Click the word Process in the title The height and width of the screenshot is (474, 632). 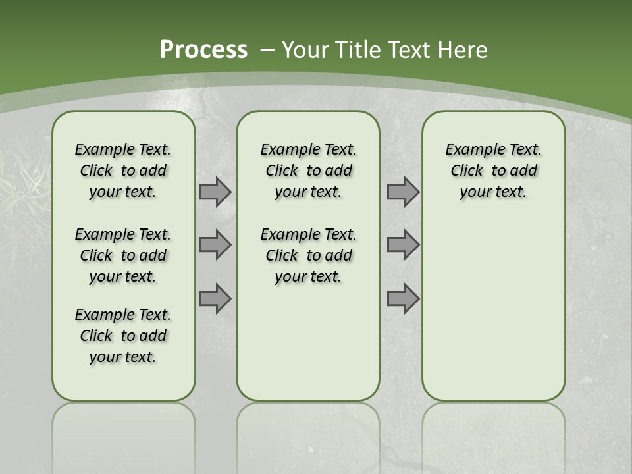[x=203, y=50]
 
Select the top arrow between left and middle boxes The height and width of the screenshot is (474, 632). [x=215, y=192]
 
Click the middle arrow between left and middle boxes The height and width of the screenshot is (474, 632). [x=215, y=245]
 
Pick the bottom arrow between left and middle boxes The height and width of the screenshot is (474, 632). [x=215, y=298]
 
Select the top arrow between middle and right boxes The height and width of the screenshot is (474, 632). [x=403, y=192]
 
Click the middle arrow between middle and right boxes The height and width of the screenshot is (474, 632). [x=403, y=245]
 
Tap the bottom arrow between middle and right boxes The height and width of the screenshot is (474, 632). [x=403, y=298]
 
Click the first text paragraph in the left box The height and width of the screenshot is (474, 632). [x=123, y=171]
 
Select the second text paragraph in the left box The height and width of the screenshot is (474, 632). [x=123, y=255]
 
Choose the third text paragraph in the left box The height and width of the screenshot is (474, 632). [x=123, y=336]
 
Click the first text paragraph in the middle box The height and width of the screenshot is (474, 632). [x=308, y=171]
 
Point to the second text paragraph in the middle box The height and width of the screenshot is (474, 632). [x=308, y=255]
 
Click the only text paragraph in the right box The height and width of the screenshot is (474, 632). [x=493, y=171]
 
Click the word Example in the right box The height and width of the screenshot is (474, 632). [x=470, y=150]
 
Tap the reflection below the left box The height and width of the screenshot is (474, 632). [x=124, y=434]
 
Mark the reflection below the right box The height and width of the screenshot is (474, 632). [x=493, y=434]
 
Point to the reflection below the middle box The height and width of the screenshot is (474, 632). [x=308, y=434]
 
